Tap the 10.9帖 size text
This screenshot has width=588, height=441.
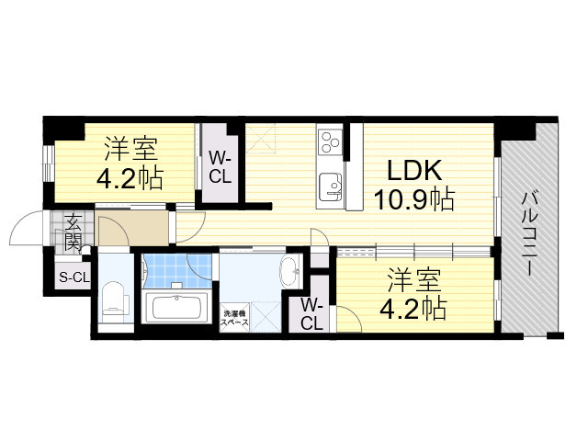(x=413, y=198)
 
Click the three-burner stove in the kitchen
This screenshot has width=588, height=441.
(x=329, y=142)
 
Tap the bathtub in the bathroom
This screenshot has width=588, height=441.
(x=178, y=306)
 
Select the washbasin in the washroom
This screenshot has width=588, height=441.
(x=288, y=271)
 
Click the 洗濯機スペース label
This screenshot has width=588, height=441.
(x=235, y=319)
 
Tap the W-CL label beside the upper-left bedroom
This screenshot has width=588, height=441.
(x=220, y=164)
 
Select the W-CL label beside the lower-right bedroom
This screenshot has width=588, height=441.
(x=311, y=313)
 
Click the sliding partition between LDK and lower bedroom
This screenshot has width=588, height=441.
(x=413, y=248)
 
